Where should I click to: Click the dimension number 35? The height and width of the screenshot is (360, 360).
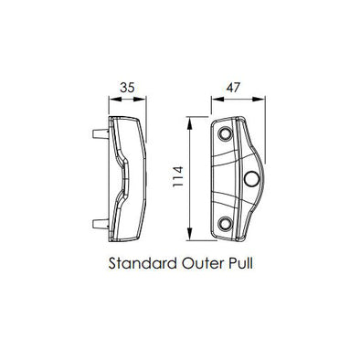tap(127, 88)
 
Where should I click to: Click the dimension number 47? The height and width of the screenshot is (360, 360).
tap(233, 88)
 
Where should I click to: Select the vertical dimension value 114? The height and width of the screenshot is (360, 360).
tap(178, 176)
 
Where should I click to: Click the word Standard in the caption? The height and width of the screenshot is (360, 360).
tap(143, 263)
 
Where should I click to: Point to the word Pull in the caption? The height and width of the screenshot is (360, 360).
tap(240, 263)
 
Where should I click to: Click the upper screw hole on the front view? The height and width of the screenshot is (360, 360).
tap(225, 133)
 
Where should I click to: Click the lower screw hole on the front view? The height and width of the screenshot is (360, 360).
tap(225, 223)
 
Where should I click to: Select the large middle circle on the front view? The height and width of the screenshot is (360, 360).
tap(251, 178)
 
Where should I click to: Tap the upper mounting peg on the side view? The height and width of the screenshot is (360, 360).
tap(101, 133)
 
